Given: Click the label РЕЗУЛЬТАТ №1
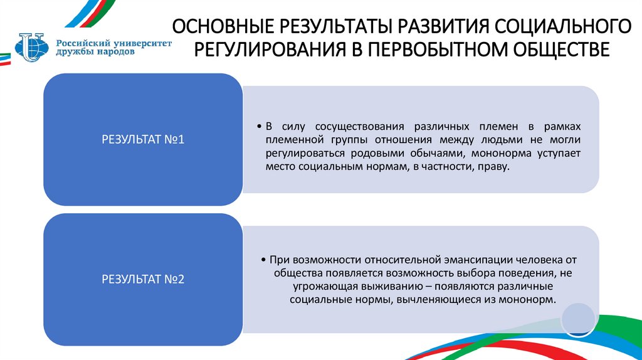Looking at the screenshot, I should (143, 140).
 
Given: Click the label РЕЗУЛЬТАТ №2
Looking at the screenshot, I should (143, 279).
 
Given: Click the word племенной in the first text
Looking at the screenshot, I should (294, 139).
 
